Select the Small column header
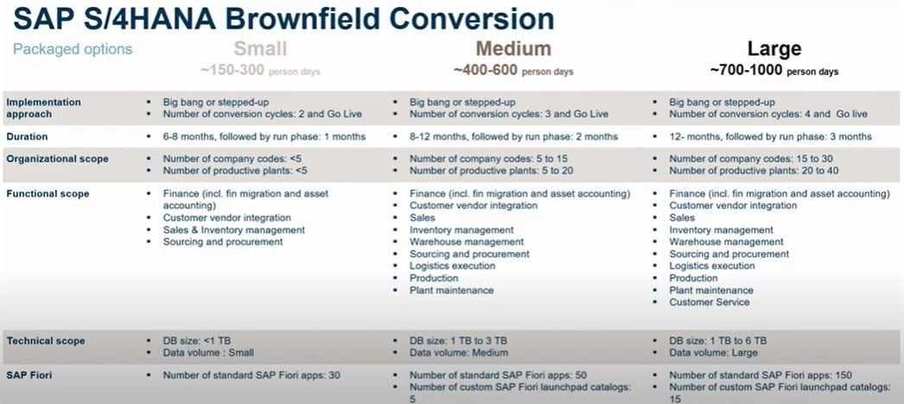pyautogui.click(x=260, y=48)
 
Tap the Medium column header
pyautogui.click(x=513, y=48)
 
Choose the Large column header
pyautogui.click(x=774, y=49)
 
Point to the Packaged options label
pyautogui.click(x=73, y=49)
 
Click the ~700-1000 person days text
pyautogui.click(x=774, y=71)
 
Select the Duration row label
pyautogui.click(x=27, y=137)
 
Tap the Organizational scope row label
pyautogui.click(x=57, y=159)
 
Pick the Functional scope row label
pyautogui.click(x=48, y=194)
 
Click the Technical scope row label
pyautogui.click(x=46, y=341)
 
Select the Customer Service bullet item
pyautogui.click(x=710, y=302)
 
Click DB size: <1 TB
pyautogui.click(x=196, y=341)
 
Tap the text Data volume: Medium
pyautogui.click(x=459, y=353)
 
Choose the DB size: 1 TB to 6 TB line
pyautogui.click(x=718, y=341)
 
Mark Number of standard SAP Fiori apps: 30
pyautogui.click(x=251, y=376)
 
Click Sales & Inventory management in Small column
pyautogui.click(x=234, y=230)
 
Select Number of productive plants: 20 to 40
pyautogui.click(x=754, y=170)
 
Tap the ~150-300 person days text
pyautogui.click(x=260, y=71)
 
